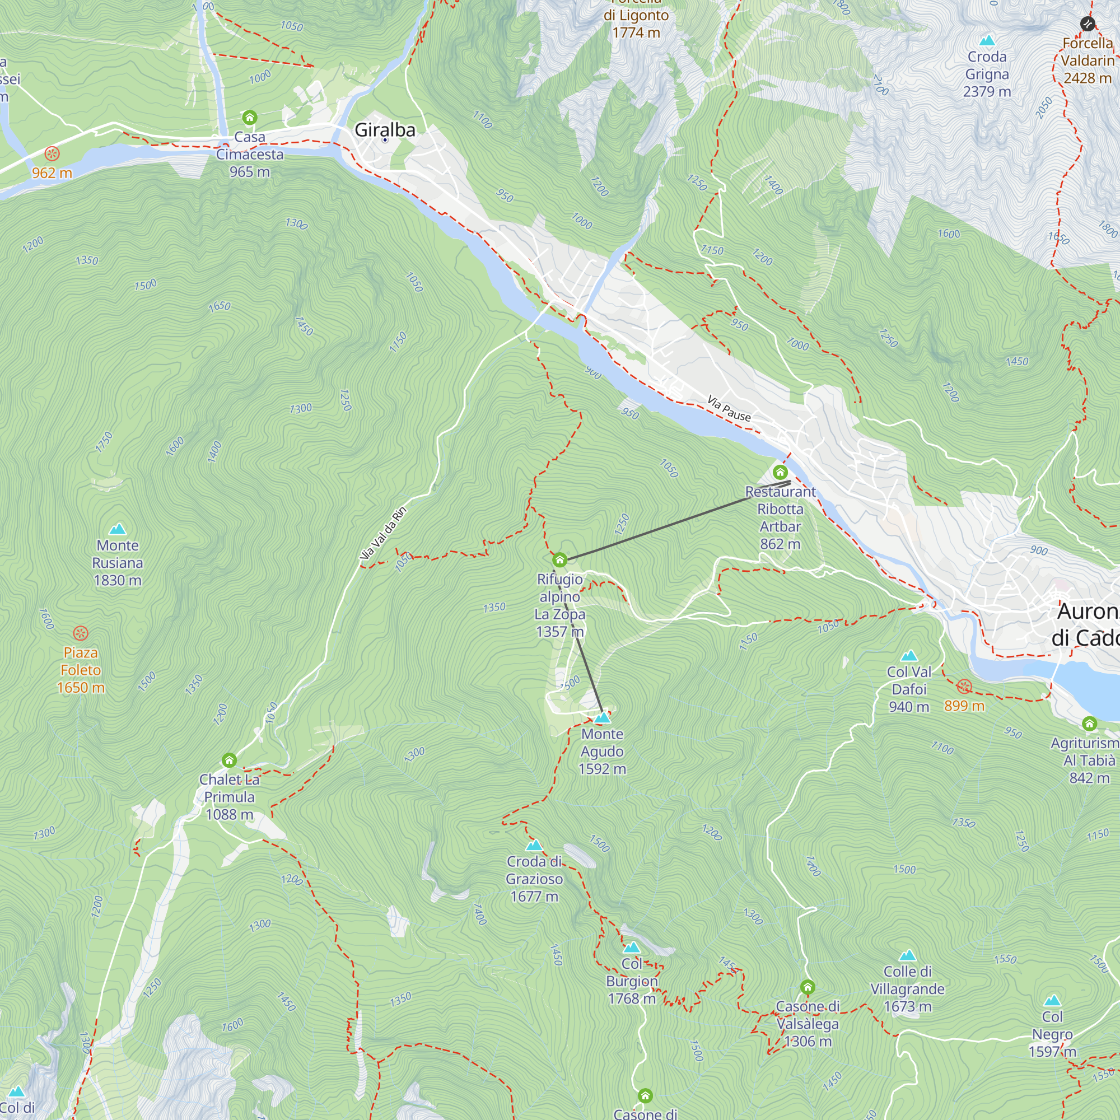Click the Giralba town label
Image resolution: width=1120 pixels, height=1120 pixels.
coord(384,130)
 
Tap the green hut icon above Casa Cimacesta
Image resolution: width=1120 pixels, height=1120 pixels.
coord(249,118)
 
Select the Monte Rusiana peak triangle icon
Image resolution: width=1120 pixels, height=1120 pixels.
coord(118,529)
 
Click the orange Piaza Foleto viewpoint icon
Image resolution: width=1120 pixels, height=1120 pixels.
coord(81,633)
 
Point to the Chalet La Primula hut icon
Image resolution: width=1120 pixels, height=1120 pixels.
coord(229,760)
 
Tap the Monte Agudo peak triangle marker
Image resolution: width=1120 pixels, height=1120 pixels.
coord(603,718)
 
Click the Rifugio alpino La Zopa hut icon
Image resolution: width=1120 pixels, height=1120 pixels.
coord(559,560)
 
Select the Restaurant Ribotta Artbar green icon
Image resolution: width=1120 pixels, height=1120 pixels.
coord(780,472)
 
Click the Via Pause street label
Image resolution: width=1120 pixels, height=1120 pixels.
coord(729,408)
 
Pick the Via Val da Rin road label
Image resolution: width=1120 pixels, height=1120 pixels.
coord(383,533)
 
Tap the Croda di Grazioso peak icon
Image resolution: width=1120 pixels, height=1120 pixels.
coord(534,845)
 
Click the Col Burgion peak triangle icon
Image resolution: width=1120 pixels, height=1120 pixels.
coord(631,948)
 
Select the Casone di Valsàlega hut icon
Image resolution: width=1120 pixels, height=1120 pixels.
coord(808,987)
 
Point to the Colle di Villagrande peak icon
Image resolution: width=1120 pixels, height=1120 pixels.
coord(907,955)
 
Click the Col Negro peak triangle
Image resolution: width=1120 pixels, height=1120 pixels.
coord(1052,1001)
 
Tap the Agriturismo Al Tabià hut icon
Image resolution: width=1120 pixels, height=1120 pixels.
coord(1089,724)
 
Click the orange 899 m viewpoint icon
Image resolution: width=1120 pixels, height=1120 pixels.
coord(964,687)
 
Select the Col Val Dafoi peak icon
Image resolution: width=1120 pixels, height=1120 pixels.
coord(909,656)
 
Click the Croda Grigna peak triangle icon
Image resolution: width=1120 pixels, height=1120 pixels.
coord(987,40)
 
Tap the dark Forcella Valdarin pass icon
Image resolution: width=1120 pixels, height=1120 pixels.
coord(1088,24)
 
